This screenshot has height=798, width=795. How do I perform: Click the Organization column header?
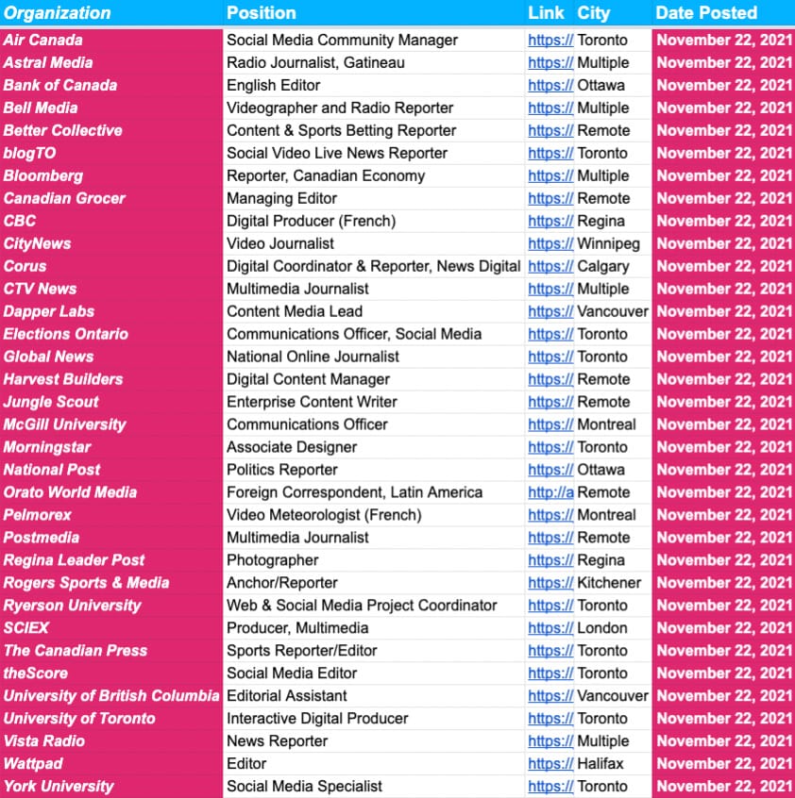click(58, 13)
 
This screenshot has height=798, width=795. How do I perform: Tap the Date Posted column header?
click(706, 13)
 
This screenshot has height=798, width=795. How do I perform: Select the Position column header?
click(262, 13)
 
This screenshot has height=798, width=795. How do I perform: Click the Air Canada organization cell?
click(42, 40)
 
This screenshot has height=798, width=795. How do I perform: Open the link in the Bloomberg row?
click(550, 175)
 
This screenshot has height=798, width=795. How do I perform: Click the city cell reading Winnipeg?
click(608, 243)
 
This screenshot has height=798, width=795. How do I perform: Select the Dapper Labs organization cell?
click(49, 311)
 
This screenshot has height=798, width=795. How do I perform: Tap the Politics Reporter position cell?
click(284, 470)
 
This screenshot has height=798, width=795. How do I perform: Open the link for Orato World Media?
click(550, 492)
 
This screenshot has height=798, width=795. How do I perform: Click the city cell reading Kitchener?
click(609, 583)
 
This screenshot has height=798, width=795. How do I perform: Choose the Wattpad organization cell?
click(34, 764)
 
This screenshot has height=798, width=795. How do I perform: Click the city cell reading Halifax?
click(600, 764)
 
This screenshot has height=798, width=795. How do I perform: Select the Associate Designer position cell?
click(292, 447)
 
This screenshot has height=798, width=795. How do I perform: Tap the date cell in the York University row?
click(724, 787)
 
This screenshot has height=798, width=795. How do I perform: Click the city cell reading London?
click(602, 628)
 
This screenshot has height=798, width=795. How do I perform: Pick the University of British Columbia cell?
click(110, 696)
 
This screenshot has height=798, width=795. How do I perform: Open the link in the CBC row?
click(550, 221)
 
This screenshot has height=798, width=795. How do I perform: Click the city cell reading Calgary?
click(603, 266)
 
